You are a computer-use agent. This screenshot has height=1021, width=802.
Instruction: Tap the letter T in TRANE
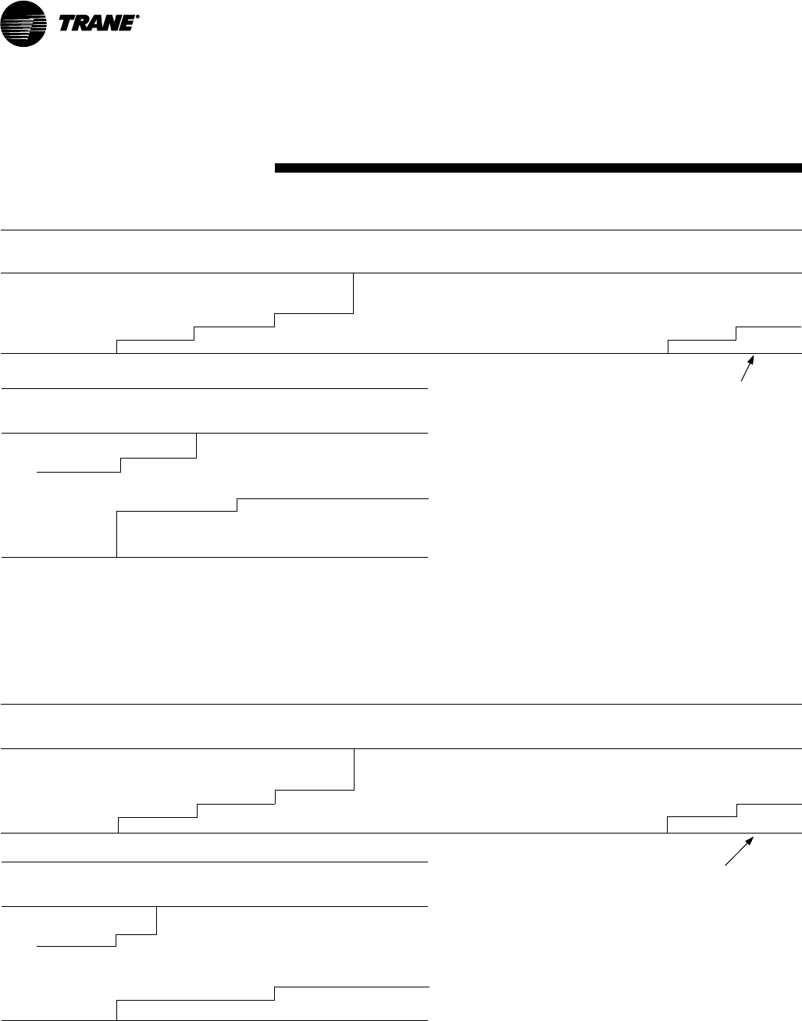(68, 25)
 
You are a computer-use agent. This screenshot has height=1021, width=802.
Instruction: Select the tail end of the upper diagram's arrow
(741, 381)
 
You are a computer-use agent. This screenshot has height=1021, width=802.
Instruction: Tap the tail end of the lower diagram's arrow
(726, 864)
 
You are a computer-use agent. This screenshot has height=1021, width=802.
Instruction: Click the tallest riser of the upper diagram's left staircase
(354, 293)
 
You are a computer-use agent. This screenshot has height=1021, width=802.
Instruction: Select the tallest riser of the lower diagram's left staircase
(355, 769)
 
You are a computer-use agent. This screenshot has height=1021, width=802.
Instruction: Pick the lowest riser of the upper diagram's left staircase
(116, 347)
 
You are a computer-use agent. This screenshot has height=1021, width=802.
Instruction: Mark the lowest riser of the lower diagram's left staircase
(118, 825)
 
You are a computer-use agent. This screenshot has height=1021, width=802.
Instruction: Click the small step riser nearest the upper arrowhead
(736, 334)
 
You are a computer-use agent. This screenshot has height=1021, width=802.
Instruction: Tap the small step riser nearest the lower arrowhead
(736, 810)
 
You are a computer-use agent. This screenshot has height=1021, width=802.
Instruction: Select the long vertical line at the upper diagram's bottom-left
(116, 534)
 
